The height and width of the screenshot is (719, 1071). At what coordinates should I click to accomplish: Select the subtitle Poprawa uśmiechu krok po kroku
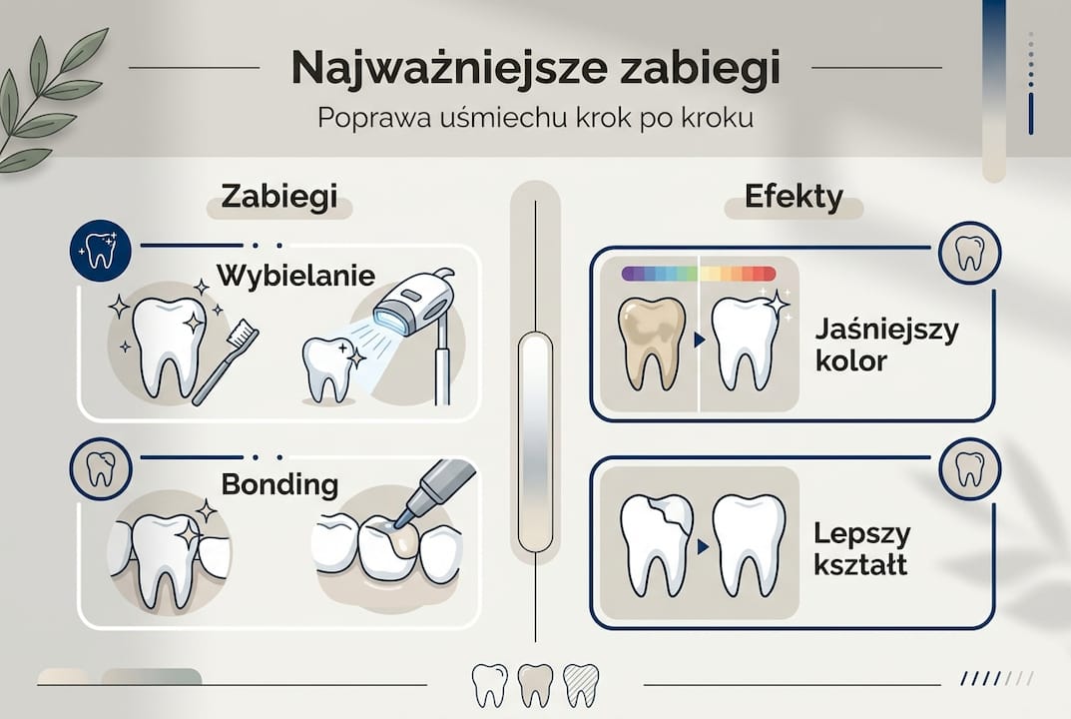pos(535,117)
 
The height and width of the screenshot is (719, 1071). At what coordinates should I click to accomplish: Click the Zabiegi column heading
pos(278,197)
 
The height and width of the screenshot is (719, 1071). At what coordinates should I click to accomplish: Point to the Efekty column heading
pos(794,197)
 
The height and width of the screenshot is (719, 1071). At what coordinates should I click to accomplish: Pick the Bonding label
pos(279,485)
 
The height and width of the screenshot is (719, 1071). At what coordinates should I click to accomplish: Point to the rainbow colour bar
pos(698,273)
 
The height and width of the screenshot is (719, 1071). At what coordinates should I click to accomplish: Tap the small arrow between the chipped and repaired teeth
pos(702,547)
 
